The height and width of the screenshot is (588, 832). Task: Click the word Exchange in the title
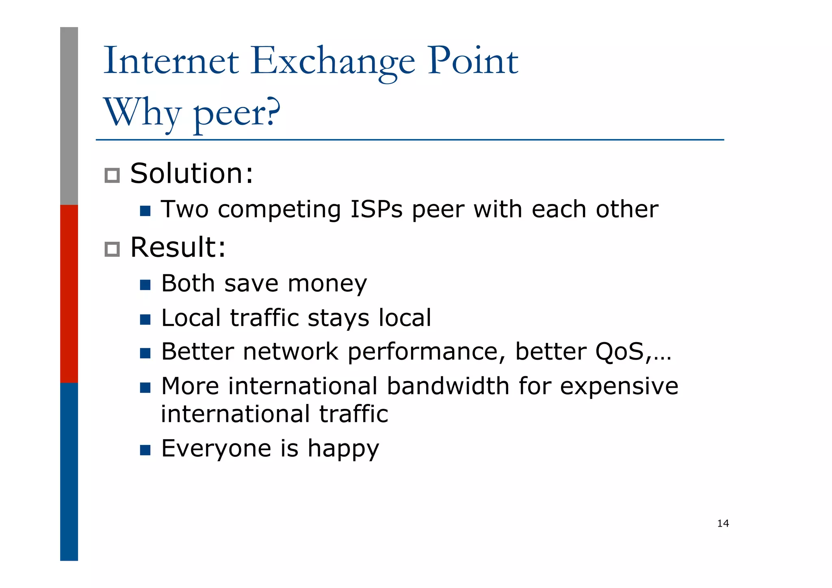(x=332, y=62)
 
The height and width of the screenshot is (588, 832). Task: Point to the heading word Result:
(x=178, y=247)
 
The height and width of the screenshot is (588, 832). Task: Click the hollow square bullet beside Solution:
(x=112, y=176)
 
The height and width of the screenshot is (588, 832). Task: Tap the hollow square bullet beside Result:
(x=112, y=249)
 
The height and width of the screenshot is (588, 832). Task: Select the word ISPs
(x=376, y=210)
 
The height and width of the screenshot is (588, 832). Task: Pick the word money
(x=327, y=284)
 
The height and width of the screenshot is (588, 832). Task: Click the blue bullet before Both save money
(x=145, y=285)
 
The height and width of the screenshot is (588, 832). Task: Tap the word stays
(x=338, y=318)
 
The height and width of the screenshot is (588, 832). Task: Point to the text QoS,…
(x=633, y=352)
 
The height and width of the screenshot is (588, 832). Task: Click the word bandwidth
(x=448, y=386)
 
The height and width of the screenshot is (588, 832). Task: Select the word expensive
(x=619, y=387)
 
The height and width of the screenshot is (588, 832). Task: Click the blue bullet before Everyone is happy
(x=145, y=450)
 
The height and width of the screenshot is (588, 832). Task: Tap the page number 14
(x=723, y=523)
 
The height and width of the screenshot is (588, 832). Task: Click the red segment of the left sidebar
(x=69, y=293)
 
